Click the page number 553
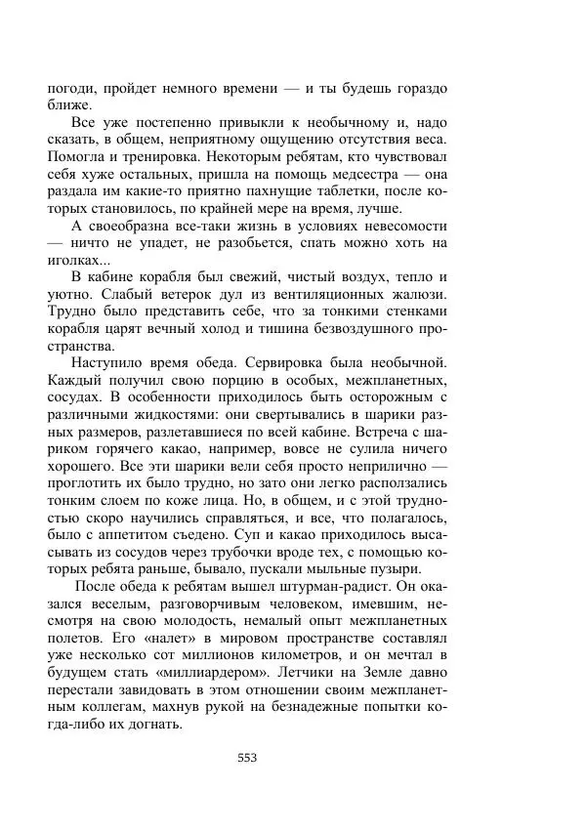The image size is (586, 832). pyautogui.click(x=246, y=757)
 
